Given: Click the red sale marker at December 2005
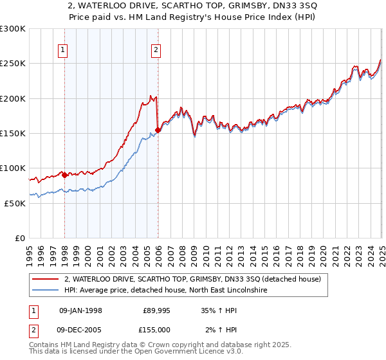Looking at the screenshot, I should (158, 130).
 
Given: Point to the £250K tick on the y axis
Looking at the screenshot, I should (13, 64).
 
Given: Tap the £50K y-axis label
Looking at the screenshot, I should (15, 203).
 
